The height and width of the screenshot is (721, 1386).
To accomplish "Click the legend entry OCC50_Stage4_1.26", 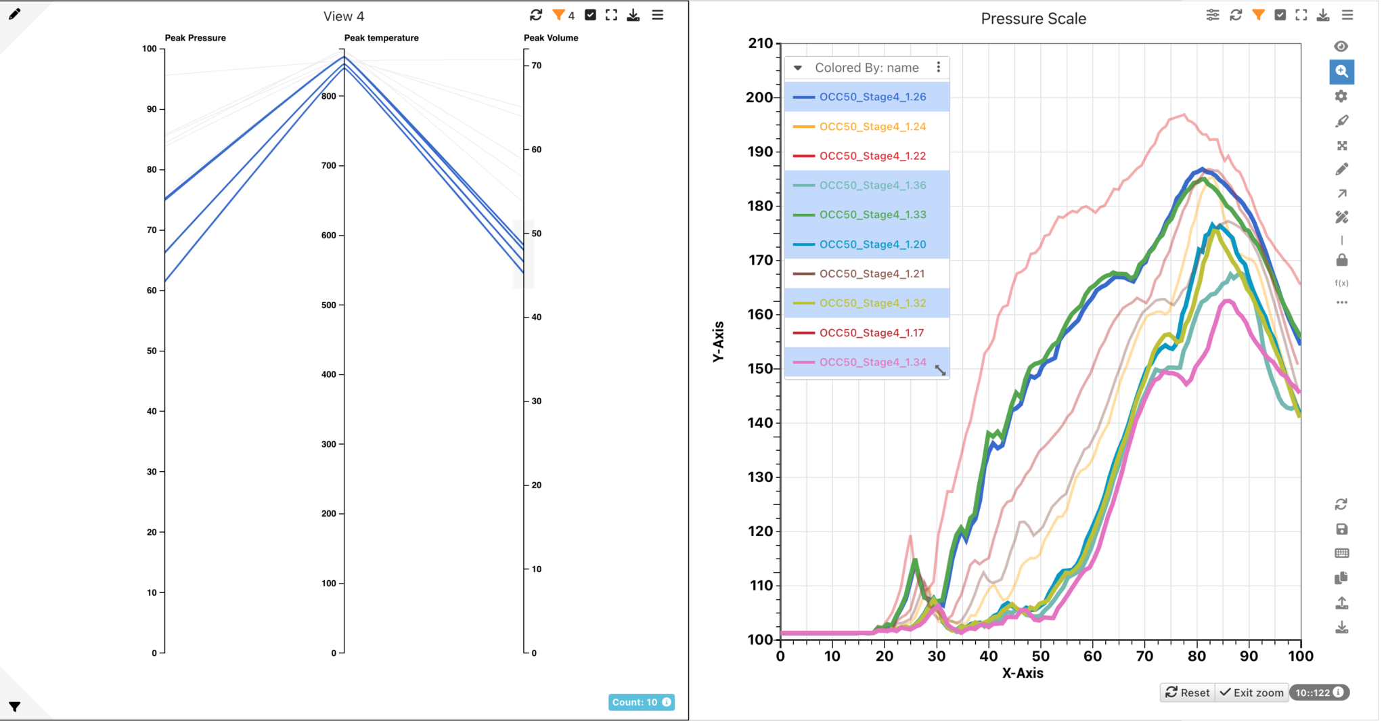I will [872, 97].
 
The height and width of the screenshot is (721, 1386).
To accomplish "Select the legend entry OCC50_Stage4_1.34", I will [872, 362].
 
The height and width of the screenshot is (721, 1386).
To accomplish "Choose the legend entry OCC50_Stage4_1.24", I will [872, 127].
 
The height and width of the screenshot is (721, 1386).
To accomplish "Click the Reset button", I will [1188, 693].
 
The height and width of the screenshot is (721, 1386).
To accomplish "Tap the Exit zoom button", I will [1252, 693].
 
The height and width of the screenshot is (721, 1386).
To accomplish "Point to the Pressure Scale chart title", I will [1033, 19].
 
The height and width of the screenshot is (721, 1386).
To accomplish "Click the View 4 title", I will [343, 16].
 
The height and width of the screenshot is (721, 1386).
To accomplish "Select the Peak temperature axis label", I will [381, 38].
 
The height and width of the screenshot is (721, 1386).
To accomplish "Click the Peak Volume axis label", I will [551, 38].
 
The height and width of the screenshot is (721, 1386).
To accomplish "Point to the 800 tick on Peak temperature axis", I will [329, 96].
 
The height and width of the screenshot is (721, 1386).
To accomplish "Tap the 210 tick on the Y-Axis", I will [760, 43].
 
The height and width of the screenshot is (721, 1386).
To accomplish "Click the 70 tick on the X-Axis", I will [1144, 656].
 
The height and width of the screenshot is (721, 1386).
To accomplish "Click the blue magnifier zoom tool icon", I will [1341, 72].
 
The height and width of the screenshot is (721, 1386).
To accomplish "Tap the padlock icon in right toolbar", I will [1341, 260].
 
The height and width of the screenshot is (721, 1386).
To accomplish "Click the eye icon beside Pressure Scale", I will [1341, 46].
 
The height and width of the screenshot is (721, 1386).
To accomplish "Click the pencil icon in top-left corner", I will [14, 14].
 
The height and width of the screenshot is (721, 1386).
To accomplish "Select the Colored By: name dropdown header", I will [866, 68].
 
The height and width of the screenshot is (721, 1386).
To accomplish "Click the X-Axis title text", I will [1022, 674].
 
